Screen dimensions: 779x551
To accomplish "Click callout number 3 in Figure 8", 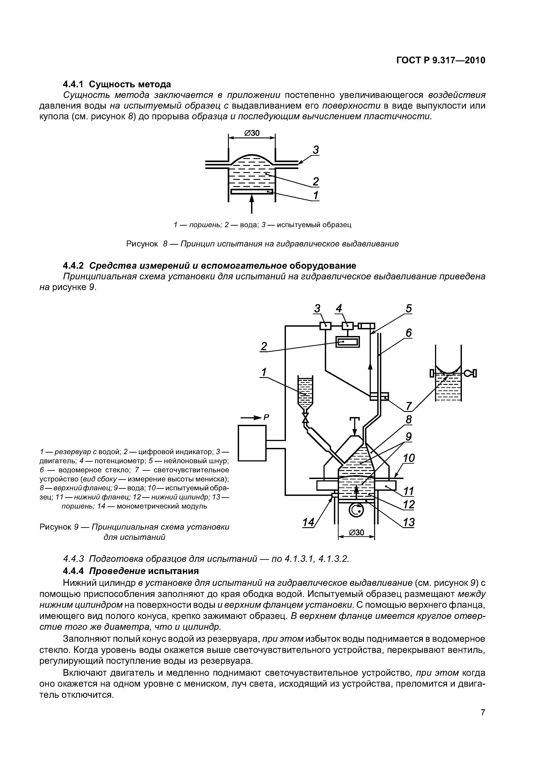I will click(x=316, y=150).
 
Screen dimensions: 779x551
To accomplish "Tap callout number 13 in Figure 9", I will click(x=409, y=521).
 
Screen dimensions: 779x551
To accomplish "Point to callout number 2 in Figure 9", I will click(x=264, y=346).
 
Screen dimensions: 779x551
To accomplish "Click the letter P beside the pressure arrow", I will click(x=267, y=418).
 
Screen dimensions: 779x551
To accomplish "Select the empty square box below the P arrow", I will click(x=252, y=443).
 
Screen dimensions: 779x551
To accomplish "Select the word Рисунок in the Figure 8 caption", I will click(x=142, y=244).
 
